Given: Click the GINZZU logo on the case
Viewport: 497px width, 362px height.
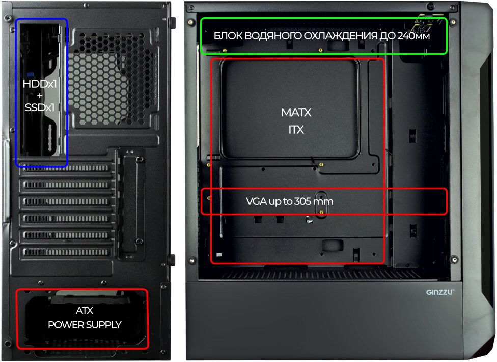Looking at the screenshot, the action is [440, 292].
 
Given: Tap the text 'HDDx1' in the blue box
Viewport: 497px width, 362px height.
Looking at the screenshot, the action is [40, 84].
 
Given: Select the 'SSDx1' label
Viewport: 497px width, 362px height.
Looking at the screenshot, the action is [40, 108].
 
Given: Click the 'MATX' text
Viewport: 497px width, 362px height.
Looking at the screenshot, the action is [296, 112].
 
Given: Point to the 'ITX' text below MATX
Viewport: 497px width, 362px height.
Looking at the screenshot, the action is [296, 130].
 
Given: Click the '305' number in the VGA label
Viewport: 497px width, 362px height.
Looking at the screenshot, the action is [302, 201].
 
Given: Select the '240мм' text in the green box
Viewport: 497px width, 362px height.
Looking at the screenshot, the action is [413, 36].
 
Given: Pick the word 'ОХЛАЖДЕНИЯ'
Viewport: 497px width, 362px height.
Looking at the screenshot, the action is [340, 36].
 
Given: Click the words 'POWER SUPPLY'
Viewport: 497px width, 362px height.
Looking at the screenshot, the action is [85, 325].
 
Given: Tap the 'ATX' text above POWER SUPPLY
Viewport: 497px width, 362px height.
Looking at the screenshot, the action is [85, 311].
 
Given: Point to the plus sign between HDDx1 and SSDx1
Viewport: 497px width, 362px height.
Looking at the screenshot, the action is [40, 96].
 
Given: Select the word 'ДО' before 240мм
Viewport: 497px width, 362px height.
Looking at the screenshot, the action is [387, 36].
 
